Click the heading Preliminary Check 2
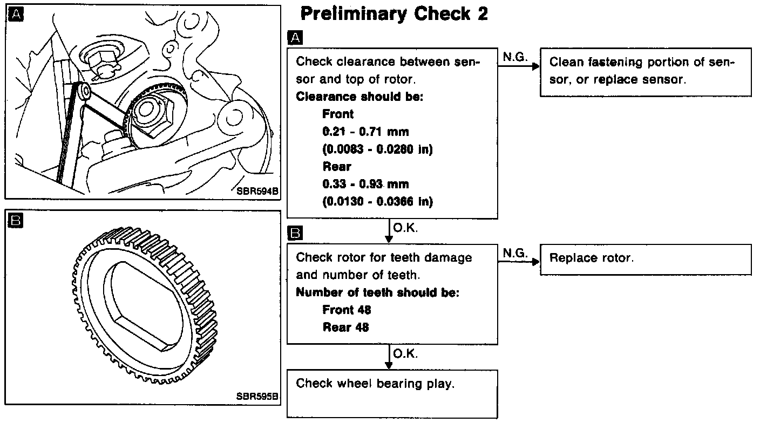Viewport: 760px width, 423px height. [x=393, y=14]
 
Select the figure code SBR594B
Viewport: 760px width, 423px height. [x=257, y=190]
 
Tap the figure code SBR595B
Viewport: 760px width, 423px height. [x=257, y=395]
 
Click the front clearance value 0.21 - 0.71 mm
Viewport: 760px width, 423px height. [x=365, y=131]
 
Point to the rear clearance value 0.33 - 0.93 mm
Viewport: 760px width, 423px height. [x=365, y=184]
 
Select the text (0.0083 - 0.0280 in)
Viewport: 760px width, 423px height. [x=377, y=149]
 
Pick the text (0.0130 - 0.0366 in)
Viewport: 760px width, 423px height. [x=377, y=201]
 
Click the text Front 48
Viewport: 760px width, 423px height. [x=347, y=310]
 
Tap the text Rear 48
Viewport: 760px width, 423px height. [x=345, y=327]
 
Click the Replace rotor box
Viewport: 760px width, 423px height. [x=645, y=259]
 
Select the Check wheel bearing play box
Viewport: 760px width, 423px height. [x=392, y=392]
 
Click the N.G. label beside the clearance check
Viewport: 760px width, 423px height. [x=515, y=57]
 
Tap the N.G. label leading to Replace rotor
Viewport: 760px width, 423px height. [x=515, y=252]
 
